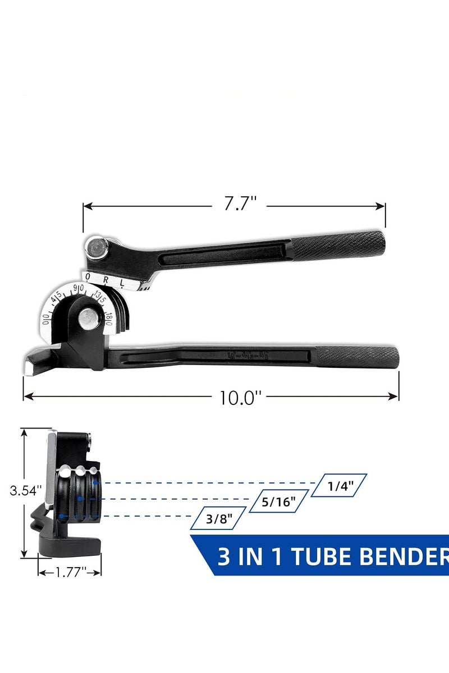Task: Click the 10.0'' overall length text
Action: (x=241, y=398)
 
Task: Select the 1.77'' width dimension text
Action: (x=70, y=572)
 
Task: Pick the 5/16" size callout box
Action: (x=279, y=502)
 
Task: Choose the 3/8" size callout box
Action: (x=218, y=518)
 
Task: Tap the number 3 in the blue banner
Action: (x=223, y=557)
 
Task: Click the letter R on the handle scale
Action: (x=106, y=278)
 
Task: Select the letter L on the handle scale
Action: (x=122, y=281)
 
